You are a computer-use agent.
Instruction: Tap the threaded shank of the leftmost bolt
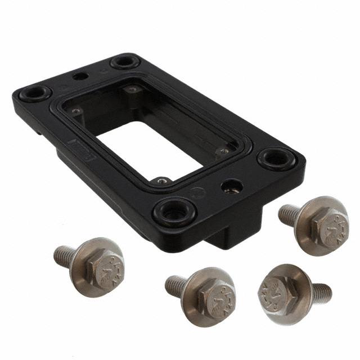coord(64,255)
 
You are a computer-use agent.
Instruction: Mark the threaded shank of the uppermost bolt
coord(289,214)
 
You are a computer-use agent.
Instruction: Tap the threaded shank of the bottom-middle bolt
coord(176,285)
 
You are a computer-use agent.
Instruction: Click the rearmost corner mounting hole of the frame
coord(125,61)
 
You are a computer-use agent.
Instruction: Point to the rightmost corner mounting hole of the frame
coord(276,159)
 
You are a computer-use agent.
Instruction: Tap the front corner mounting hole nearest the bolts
coord(174,211)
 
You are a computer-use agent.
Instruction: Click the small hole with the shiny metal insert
coord(231,186)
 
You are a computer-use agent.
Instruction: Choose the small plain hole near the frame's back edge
coord(81,76)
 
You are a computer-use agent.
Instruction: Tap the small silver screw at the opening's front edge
coord(162,181)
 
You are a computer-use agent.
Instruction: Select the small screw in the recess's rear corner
coord(131,89)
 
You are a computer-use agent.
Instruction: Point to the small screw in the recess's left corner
coord(75,112)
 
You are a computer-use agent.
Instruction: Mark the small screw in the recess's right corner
coord(223,151)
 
